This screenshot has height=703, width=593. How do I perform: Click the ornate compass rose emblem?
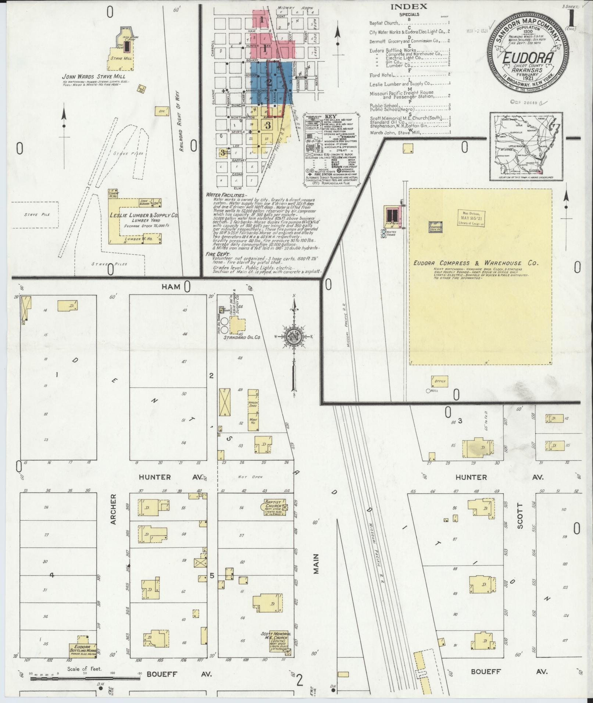pyautogui.click(x=294, y=335)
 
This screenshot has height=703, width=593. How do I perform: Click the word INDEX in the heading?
pyautogui.click(x=409, y=6)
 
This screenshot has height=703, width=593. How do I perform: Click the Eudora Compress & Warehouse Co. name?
pyautogui.click(x=476, y=263)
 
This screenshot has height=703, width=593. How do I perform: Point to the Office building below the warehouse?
pyautogui.click(x=440, y=381)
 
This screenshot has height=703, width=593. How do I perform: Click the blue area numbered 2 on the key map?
pyautogui.click(x=269, y=82)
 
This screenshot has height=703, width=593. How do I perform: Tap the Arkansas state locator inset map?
pyautogui.click(x=526, y=146)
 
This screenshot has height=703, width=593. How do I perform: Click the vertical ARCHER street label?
pyautogui.click(x=113, y=509)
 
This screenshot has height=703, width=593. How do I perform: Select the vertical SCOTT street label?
pyautogui.click(x=520, y=519)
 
